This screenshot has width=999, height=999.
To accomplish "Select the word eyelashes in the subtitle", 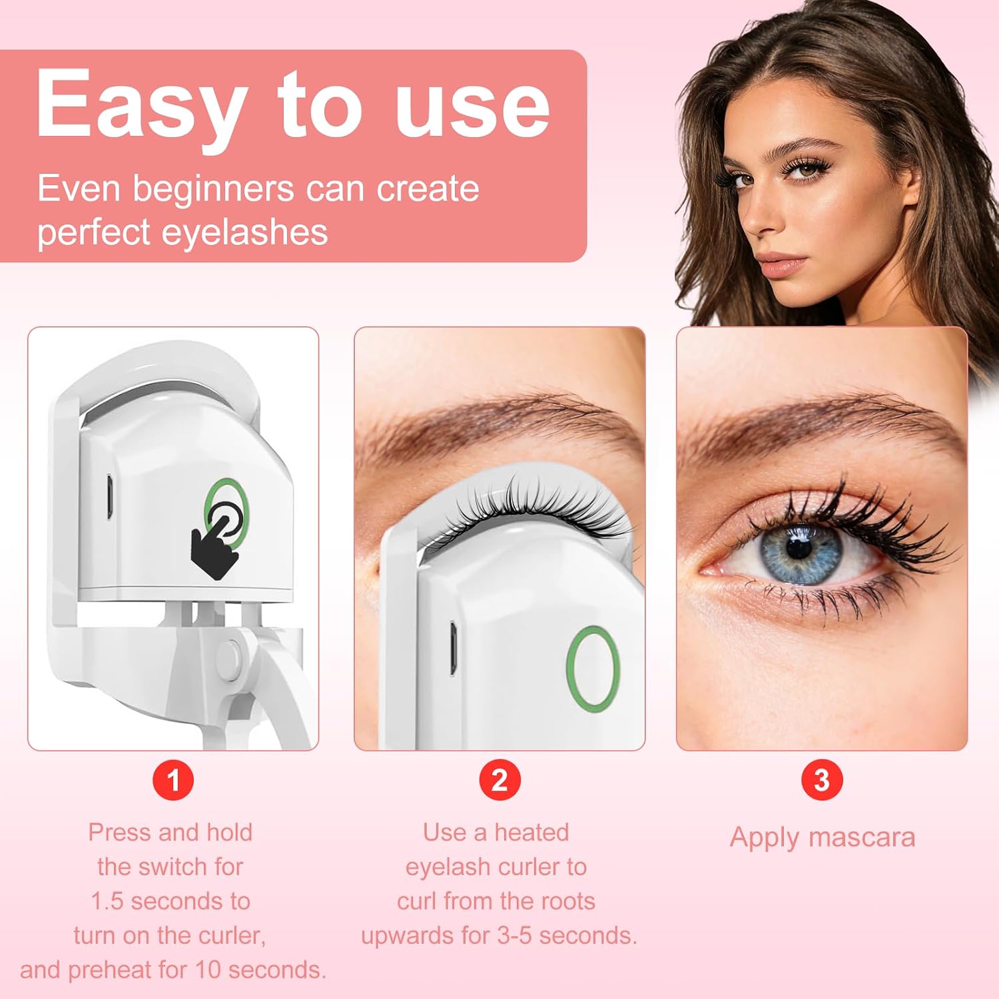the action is click(x=244, y=233).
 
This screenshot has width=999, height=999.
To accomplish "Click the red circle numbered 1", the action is click(x=173, y=780).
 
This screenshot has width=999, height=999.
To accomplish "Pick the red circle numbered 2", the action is click(x=499, y=780).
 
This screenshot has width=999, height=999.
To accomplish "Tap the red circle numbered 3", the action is click(x=822, y=780).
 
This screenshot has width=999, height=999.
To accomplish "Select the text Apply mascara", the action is click(x=823, y=837).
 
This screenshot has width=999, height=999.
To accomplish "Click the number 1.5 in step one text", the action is click(x=107, y=901).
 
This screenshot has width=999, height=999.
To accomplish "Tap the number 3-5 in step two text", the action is click(x=515, y=936).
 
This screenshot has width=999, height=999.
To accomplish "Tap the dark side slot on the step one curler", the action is click(x=108, y=497).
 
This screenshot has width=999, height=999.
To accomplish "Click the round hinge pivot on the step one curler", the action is click(x=230, y=656).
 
